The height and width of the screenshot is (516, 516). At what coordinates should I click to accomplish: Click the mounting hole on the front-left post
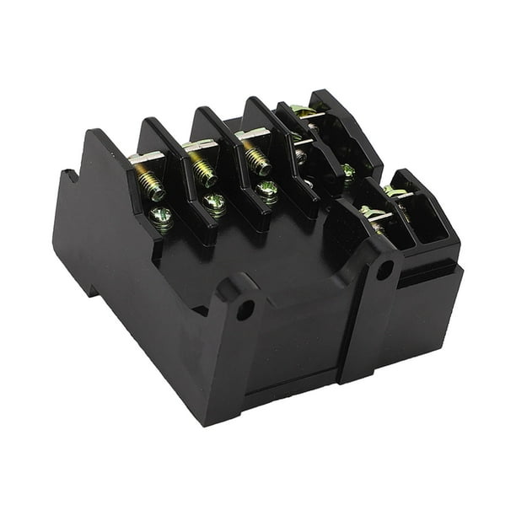[x=245, y=309]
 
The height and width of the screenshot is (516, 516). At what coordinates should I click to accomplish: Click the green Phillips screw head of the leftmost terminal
[x=161, y=219]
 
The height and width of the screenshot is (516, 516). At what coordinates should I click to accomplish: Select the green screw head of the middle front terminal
[x=214, y=203]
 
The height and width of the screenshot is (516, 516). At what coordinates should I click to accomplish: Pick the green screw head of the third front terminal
[x=267, y=190]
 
